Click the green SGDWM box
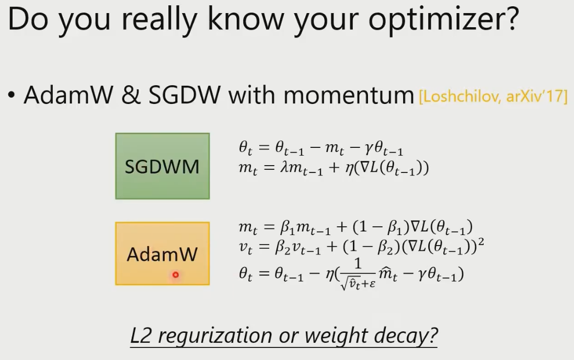(163, 166)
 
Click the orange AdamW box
(163, 253)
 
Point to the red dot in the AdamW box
(176, 274)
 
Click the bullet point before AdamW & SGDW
(12, 96)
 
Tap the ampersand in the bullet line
(131, 95)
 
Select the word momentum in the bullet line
(349, 96)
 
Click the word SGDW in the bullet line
(185, 95)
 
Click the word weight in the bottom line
(336, 336)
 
